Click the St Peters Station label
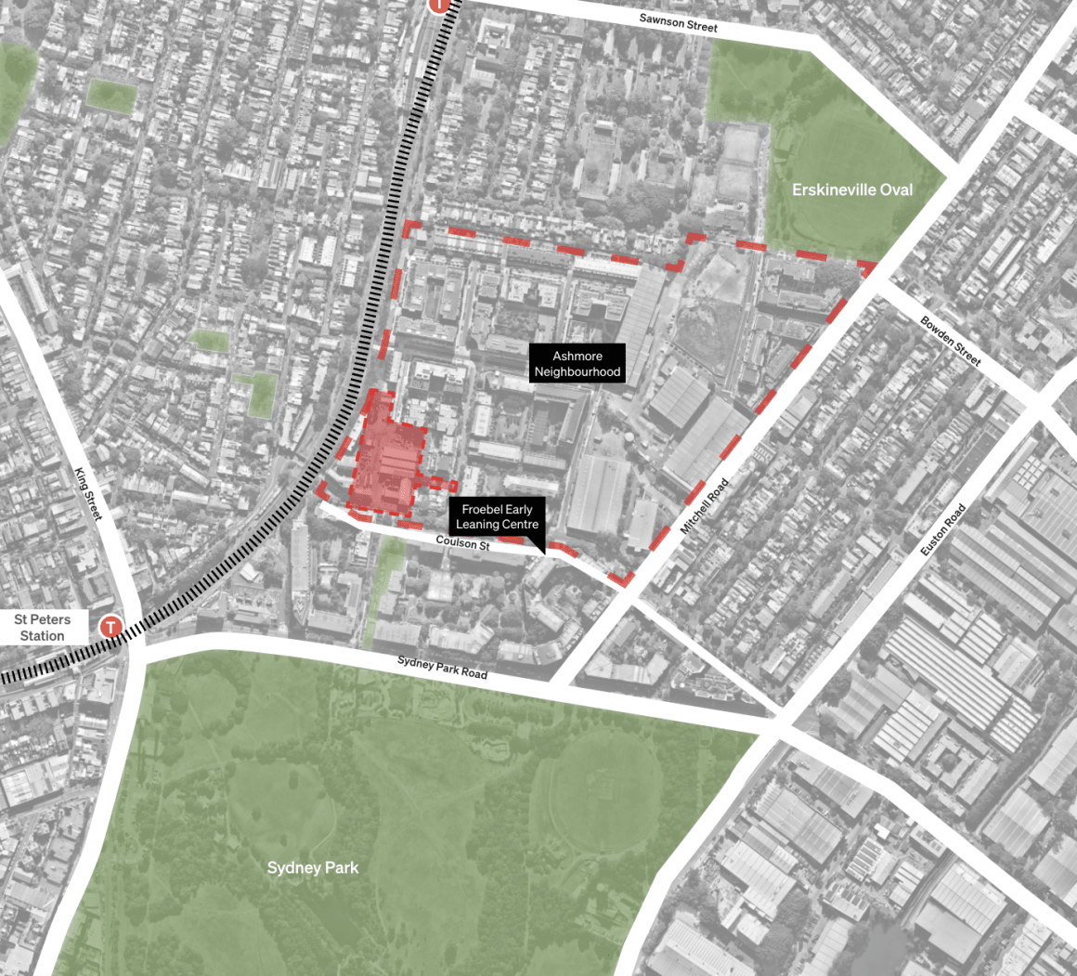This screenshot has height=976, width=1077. click(43, 628)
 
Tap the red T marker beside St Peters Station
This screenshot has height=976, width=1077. click(111, 628)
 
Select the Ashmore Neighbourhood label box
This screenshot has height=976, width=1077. click(577, 364)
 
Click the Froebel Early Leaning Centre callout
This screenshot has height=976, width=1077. click(497, 517)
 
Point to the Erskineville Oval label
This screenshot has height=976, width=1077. click(851, 189)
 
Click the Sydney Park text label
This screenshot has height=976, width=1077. click(312, 867)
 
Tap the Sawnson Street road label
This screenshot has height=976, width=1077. click(679, 21)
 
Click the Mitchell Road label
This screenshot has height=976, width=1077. click(706, 505)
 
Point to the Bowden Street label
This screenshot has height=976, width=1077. click(951, 341)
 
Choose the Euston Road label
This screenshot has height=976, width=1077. click(943, 530)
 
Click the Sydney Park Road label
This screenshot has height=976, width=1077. click(442, 667)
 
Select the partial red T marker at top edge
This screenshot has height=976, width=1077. click(441, 5)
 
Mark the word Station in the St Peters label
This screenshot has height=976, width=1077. click(43, 636)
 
